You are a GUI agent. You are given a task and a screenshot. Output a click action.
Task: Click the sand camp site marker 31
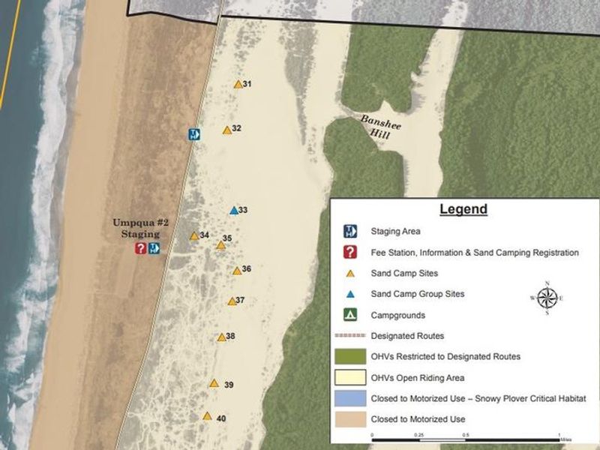coord(238,85)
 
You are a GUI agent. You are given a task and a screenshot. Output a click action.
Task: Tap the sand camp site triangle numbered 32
coord(226,130)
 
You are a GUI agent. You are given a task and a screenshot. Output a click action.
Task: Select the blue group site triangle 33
coord(233,211)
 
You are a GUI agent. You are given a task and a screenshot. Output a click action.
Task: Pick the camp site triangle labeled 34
coord(194,235)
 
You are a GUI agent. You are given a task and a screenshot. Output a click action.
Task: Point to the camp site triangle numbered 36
coord(236,271)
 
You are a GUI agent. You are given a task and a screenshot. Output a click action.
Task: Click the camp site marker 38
coord(221,337)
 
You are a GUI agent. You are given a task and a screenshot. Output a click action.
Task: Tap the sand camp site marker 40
coord(207,416)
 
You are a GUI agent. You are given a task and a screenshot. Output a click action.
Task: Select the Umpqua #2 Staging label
coord(136,228)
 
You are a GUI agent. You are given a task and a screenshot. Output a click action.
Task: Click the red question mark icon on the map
coord(140,248)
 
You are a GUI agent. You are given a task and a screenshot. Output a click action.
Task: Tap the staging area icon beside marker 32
coord(193,135)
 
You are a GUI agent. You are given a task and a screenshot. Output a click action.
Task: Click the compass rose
coord(547,298)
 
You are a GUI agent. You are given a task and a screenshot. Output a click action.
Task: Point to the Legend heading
coord(463,209)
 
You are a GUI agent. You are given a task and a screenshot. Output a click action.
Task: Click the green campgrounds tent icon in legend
coord(349,315)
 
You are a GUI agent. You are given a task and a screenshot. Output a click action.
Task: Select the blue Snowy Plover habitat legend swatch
coord(349,397)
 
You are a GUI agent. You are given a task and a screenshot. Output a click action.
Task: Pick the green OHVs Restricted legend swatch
coord(349,356)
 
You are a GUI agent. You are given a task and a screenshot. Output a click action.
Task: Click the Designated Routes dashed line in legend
coord(349,336)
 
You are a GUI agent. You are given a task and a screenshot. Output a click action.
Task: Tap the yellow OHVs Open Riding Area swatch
coord(349,377)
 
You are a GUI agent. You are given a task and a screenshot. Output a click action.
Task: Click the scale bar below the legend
coord(466,434)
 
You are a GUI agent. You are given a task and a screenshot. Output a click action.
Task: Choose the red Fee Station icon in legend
coord(349,253)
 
